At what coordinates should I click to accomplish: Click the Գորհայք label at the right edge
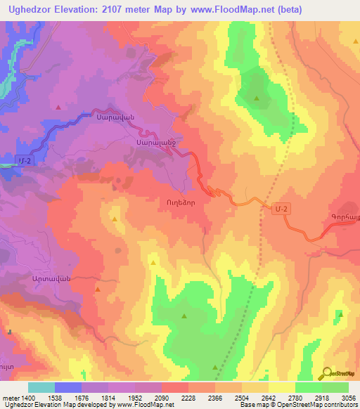pos(342,218)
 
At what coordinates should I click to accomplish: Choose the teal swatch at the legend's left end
pos(41,387)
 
